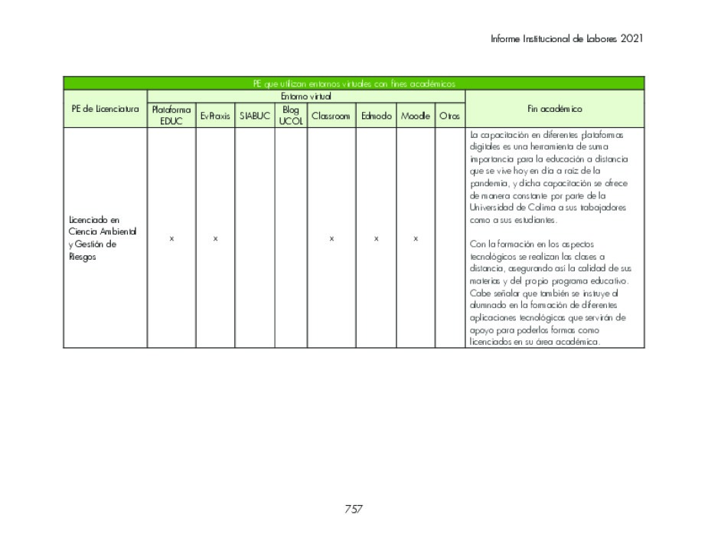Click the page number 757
(x=354, y=509)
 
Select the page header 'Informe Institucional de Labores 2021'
(x=567, y=38)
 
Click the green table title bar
(x=354, y=84)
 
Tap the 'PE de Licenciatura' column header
(x=105, y=109)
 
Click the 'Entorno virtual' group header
(x=305, y=97)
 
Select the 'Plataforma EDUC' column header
(x=171, y=116)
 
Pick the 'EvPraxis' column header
(x=215, y=116)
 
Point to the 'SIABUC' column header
(x=255, y=116)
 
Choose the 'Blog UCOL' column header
(x=291, y=116)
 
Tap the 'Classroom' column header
(x=331, y=116)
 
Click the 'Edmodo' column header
(x=376, y=116)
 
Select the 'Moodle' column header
(x=416, y=116)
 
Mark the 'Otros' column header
(x=450, y=116)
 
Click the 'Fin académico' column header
(x=554, y=109)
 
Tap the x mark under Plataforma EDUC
(x=171, y=239)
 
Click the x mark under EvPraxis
(x=215, y=239)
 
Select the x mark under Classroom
(x=331, y=239)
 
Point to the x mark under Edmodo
(x=376, y=239)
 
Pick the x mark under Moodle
(x=416, y=239)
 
